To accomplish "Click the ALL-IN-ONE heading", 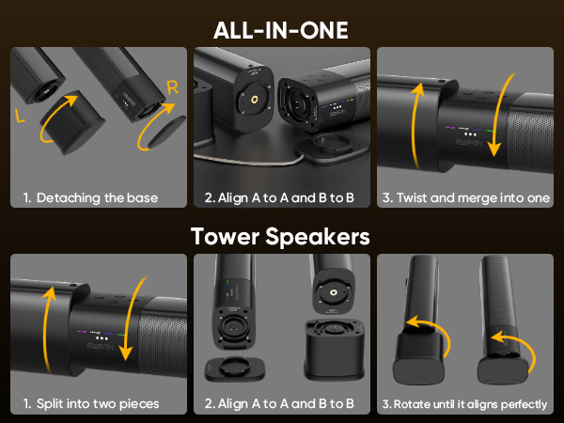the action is (x=280, y=30).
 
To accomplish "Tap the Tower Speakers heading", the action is (x=280, y=237).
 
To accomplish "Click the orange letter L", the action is (x=20, y=116).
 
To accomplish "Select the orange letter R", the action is (x=173, y=87).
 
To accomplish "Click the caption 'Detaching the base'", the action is (x=97, y=197).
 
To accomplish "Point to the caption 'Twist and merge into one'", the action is (x=473, y=197).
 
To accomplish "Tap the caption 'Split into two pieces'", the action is (x=98, y=403).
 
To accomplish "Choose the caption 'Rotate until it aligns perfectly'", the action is (x=471, y=404).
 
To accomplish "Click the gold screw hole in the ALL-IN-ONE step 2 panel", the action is (x=256, y=100).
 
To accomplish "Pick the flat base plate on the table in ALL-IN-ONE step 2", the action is (x=331, y=147).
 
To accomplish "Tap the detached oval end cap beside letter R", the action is (x=166, y=132).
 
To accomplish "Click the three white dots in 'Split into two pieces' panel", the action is (x=102, y=338).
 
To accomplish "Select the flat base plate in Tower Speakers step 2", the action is (x=235, y=368).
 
